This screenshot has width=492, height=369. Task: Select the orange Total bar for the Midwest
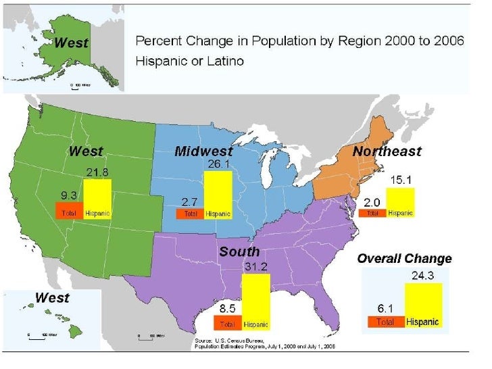click(190, 214)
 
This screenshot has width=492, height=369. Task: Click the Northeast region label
click(387, 151)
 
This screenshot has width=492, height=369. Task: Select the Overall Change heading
click(404, 258)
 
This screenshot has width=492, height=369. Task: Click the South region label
click(239, 251)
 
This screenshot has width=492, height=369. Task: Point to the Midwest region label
click(203, 151)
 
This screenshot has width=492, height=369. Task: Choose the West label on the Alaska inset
click(71, 43)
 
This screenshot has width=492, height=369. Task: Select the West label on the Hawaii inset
click(52, 297)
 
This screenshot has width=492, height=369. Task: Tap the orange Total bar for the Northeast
click(372, 213)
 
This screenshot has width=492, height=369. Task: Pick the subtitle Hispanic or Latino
click(190, 61)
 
